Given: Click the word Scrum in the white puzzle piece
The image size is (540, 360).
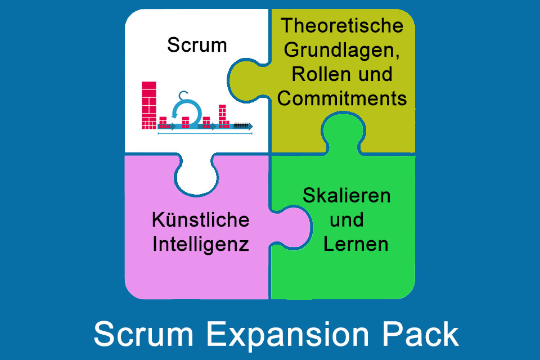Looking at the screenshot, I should tap(197, 45).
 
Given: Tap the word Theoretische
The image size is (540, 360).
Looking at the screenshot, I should tap(343, 26).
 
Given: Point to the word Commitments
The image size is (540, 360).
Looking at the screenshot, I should tap(343, 98).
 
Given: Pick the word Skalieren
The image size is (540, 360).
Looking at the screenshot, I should tap(346, 196).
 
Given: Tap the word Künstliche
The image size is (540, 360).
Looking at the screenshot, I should tap(200, 220).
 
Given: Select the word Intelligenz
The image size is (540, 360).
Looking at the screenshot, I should tap(201, 245).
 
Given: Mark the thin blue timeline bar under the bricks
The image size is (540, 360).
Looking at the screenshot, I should tap(205, 133).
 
